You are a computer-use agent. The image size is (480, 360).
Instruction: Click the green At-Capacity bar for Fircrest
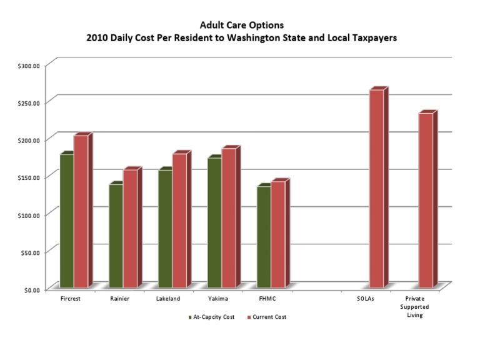[x=67, y=221]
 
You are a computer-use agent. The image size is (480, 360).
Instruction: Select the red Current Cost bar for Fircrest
[x=81, y=211]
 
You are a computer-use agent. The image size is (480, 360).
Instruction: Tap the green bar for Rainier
[x=116, y=236]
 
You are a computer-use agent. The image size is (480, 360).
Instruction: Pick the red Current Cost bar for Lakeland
[x=180, y=221]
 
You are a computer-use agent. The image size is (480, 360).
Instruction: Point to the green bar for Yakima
[x=214, y=222]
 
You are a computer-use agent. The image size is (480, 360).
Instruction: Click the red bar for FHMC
[x=278, y=234]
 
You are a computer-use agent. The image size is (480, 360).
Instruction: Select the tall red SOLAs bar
[x=377, y=189]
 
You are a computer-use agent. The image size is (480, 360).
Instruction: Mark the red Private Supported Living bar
[x=426, y=201]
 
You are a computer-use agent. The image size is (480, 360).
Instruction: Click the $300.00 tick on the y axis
[x=29, y=66]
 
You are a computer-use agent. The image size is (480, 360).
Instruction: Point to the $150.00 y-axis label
[x=29, y=178]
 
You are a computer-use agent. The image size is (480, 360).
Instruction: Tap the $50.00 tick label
[x=30, y=252]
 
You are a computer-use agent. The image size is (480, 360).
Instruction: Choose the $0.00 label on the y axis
[x=32, y=290]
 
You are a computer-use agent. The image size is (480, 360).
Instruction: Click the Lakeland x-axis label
[x=168, y=299]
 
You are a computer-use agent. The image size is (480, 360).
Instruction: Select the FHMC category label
[x=267, y=299]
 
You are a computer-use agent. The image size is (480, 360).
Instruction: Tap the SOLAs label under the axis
[x=365, y=299]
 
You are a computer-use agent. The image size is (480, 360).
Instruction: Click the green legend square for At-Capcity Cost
[x=190, y=317]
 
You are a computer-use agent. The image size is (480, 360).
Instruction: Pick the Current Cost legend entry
[x=267, y=317]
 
